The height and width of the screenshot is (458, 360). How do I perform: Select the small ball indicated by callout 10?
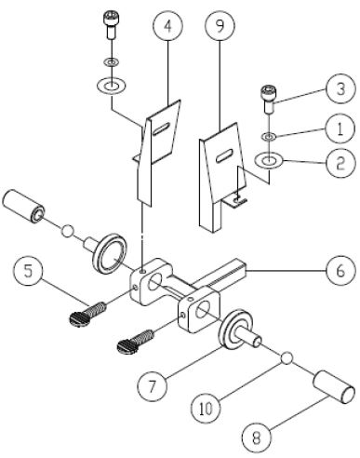coord(287,357)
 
